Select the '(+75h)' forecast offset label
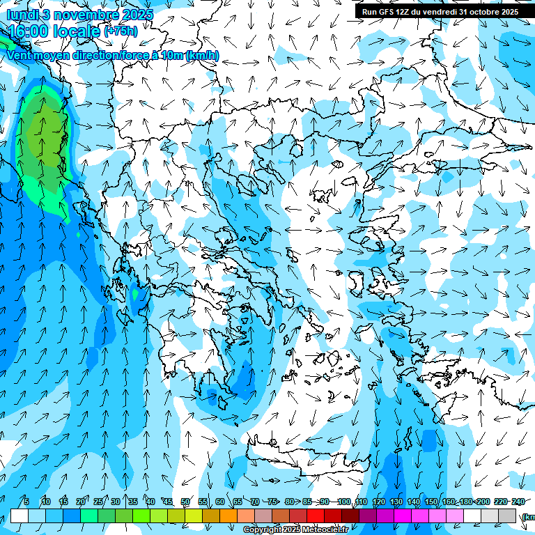121,31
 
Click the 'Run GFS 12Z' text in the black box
387,12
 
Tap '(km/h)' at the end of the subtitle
203,55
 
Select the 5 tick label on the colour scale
26,502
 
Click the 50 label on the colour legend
185,502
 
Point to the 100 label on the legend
343,502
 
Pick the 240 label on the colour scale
518,502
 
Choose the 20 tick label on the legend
80,502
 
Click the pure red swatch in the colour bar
316,515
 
